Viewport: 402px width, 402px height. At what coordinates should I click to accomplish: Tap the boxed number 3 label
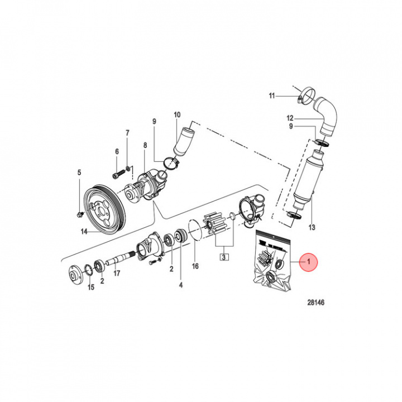click(223, 257)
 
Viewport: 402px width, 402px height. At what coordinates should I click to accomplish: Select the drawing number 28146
click(315, 303)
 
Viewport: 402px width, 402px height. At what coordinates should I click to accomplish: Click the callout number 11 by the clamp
click(272, 96)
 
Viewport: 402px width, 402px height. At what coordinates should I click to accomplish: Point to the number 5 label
click(79, 172)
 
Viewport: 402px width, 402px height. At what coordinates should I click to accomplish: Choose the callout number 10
click(177, 115)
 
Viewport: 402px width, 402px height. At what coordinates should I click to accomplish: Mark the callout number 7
click(127, 133)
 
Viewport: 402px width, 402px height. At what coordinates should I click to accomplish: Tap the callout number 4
click(180, 285)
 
